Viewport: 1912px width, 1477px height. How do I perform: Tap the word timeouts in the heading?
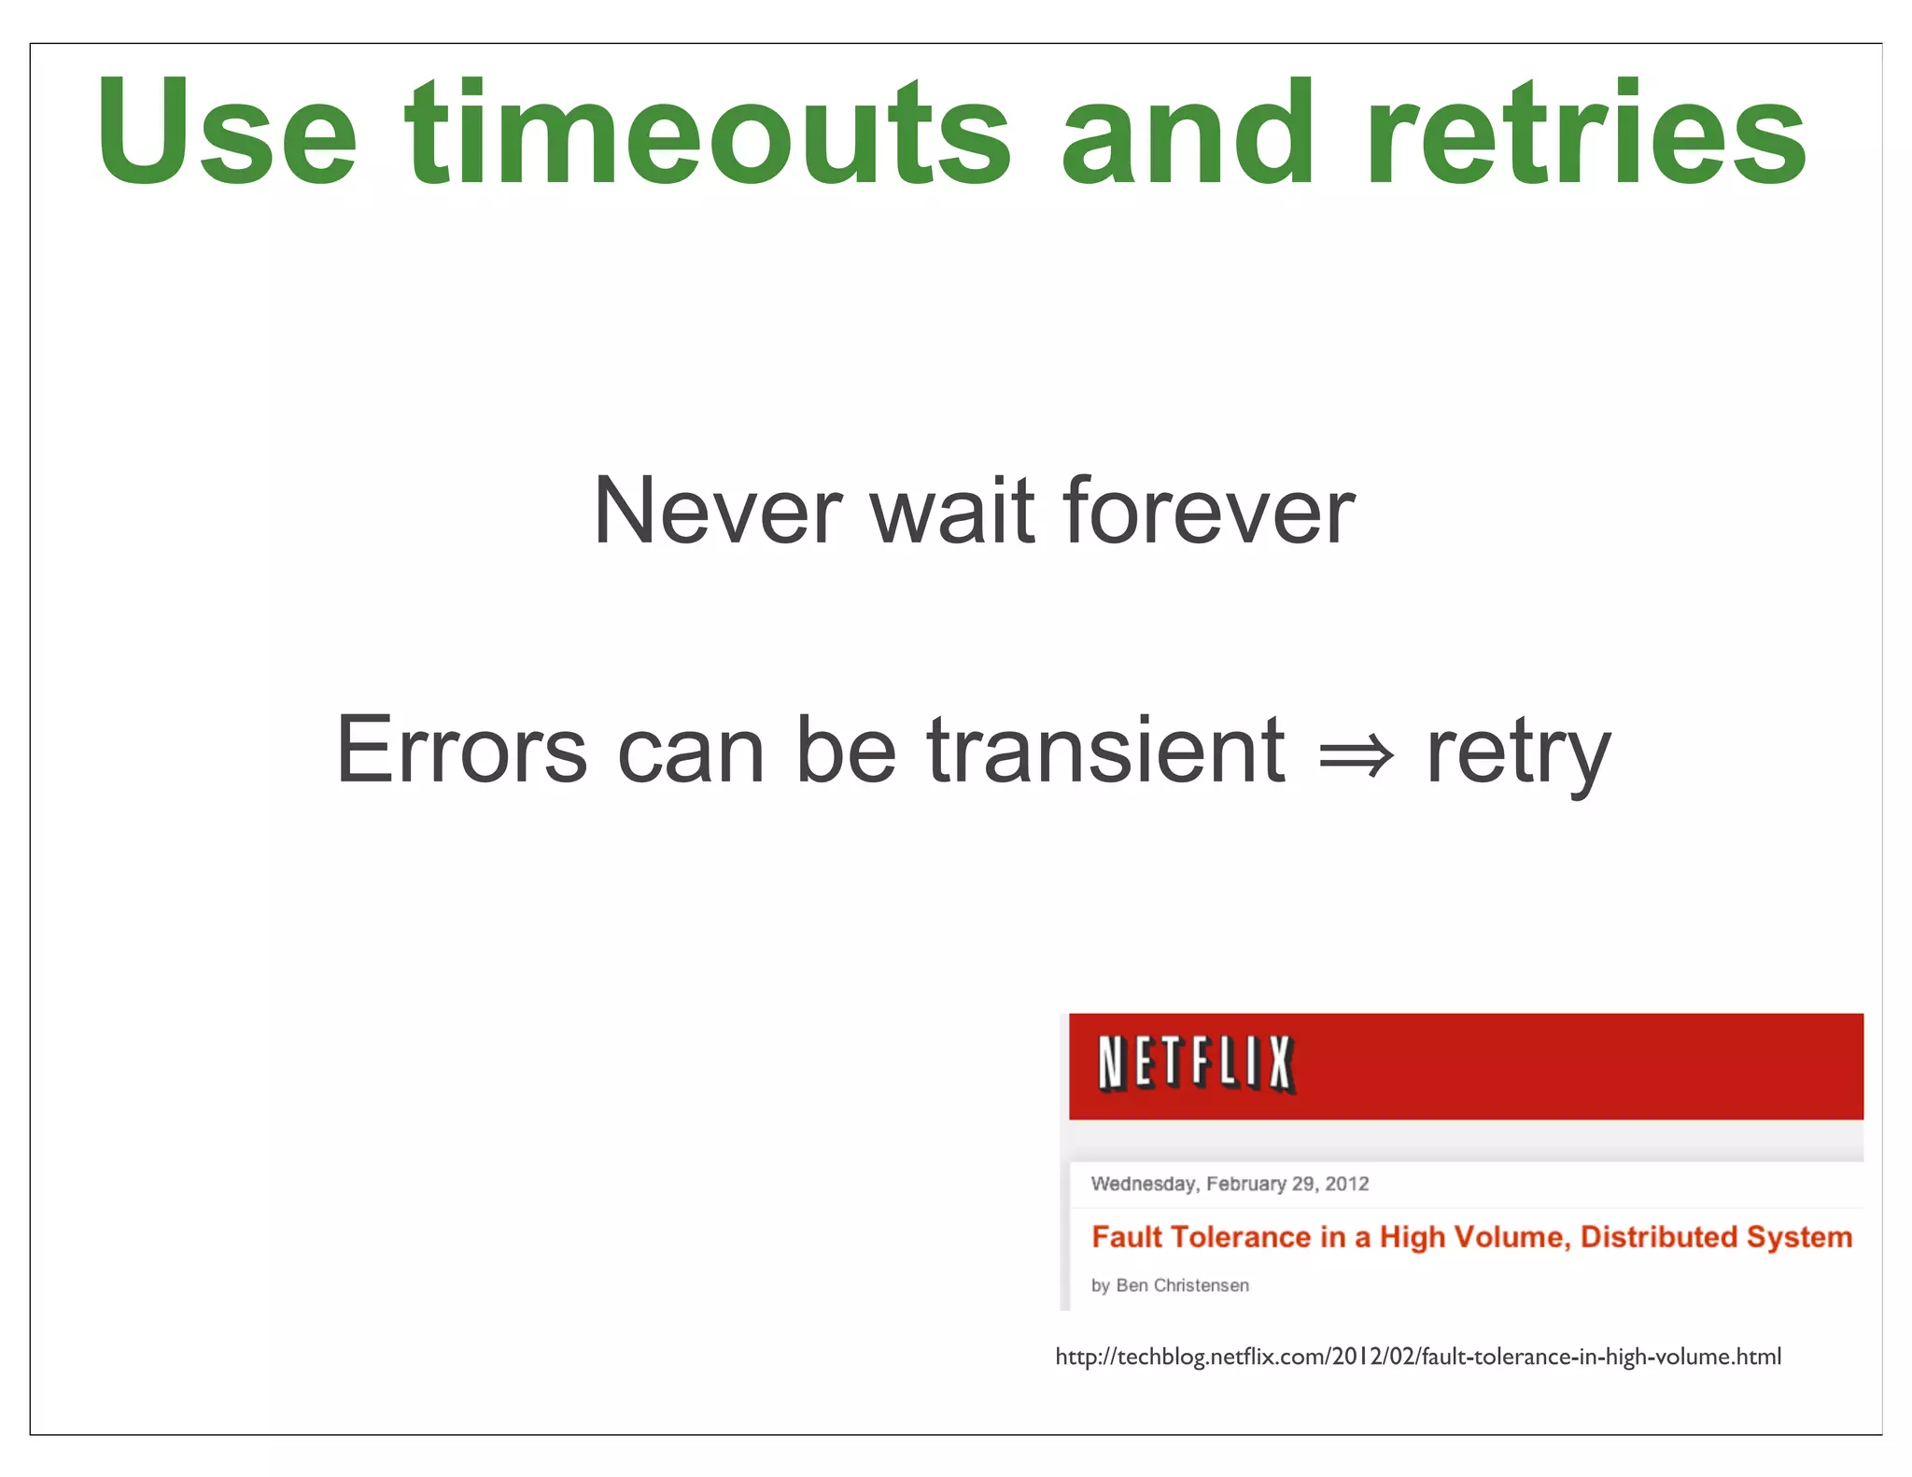708,133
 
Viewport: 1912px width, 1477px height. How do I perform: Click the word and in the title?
1188,133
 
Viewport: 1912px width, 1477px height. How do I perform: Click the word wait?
952,511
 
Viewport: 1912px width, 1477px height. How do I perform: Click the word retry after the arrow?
1518,754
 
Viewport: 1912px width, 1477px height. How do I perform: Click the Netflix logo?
1196,1063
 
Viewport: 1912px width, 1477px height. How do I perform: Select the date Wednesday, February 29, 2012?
1229,1184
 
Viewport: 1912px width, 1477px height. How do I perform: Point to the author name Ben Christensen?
1182,1286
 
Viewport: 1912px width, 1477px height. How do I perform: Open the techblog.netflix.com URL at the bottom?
1417,1357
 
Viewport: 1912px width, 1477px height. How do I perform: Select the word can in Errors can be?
691,753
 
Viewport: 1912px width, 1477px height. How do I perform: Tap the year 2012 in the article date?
1346,1184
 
